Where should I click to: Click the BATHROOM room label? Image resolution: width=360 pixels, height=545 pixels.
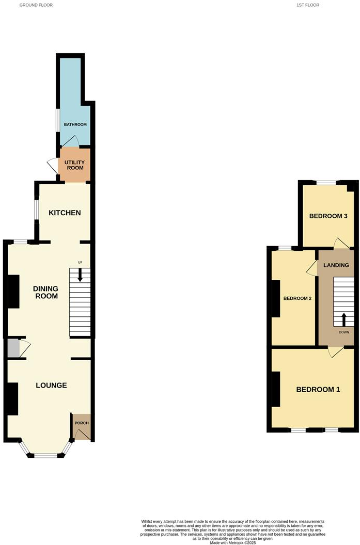(75, 125)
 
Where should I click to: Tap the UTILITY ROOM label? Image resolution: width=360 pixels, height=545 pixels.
(74, 165)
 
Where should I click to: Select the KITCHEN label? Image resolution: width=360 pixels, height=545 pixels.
(65, 213)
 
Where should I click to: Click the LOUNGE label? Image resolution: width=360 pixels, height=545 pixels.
(51, 385)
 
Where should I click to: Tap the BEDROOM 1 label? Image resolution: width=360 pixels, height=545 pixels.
(318, 389)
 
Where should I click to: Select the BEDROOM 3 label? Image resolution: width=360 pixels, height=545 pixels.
(328, 216)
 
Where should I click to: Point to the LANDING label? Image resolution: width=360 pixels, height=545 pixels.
(336, 265)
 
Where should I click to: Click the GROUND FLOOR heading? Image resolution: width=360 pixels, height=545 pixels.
(36, 5)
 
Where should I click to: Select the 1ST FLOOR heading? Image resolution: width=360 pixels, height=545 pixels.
(308, 5)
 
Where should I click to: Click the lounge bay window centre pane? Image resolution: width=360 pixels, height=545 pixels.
(45, 455)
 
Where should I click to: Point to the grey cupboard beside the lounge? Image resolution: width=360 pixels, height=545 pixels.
(13, 348)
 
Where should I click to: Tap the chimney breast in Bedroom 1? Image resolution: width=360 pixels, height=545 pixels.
(276, 389)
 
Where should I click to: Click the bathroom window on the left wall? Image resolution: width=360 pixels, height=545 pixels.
(57, 121)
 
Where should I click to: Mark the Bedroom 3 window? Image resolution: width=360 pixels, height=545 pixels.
(325, 182)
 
